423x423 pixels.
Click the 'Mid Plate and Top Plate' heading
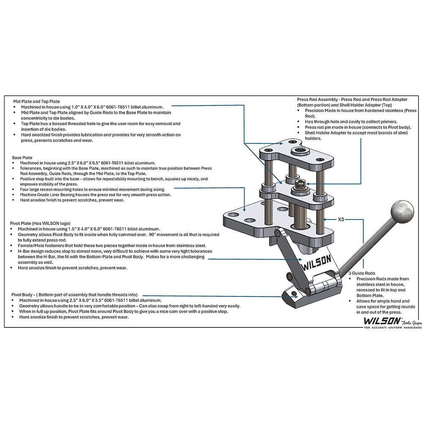pyautogui.click(x=36, y=102)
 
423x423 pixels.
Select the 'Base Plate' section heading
pyautogui.click(x=22, y=157)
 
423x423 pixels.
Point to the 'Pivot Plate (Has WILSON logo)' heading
pyautogui.click(x=40, y=223)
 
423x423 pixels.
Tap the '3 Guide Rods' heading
pyautogui.click(x=362, y=273)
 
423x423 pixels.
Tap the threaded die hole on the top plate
pyautogui.click(x=298, y=150)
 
